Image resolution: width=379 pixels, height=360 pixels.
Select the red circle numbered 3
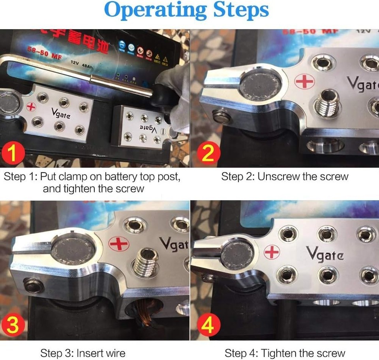(x=13, y=325)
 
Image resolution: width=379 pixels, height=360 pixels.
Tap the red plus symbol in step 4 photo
(x=272, y=252)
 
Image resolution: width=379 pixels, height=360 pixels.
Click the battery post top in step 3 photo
(x=71, y=252)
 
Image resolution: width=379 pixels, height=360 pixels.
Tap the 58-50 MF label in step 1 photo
(x=44, y=53)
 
